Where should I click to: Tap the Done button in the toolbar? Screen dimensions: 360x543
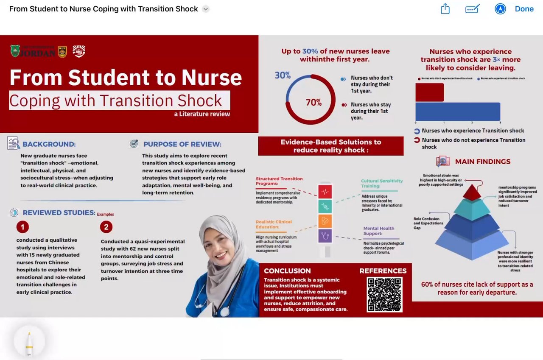[x=524, y=9]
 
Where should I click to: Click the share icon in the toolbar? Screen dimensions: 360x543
[x=445, y=9]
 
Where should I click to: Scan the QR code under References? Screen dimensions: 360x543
[x=384, y=294]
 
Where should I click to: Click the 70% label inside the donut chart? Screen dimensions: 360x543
[x=314, y=102]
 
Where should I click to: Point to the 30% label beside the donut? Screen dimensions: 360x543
[x=283, y=75]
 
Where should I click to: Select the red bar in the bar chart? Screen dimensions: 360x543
[x=429, y=92]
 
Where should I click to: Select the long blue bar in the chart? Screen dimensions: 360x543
[x=458, y=112]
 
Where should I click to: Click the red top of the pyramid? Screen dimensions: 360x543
[x=472, y=193]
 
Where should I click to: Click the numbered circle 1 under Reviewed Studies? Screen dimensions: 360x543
[x=22, y=227]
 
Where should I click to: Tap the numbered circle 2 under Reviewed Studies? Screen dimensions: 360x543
[x=106, y=227]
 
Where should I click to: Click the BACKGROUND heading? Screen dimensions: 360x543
[x=49, y=144]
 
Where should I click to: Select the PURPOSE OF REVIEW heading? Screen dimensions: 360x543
[x=182, y=144]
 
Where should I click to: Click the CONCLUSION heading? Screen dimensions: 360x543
[x=287, y=271]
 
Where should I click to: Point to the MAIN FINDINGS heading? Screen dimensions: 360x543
[x=483, y=162]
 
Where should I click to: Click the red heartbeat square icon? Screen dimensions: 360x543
[x=325, y=192]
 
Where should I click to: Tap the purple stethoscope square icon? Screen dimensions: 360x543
[x=325, y=235]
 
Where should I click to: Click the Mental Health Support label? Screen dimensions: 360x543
[x=379, y=231]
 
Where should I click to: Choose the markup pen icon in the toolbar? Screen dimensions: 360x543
[x=472, y=9]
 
